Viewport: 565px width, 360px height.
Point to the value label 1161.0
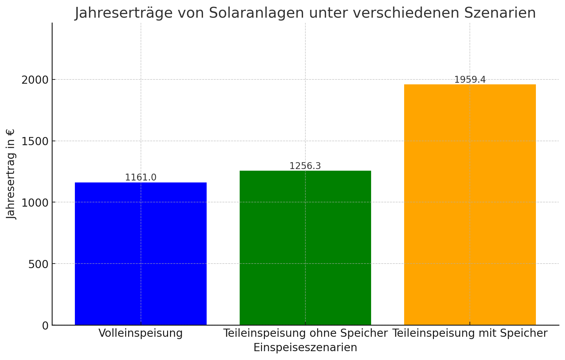(141, 178)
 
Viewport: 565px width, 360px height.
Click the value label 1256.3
(305, 166)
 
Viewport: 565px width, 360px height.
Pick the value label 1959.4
(470, 80)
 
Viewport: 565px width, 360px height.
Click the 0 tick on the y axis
(45, 325)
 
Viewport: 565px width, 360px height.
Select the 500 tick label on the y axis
(38, 264)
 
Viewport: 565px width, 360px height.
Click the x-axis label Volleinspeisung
(141, 334)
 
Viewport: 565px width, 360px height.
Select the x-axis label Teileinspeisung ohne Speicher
(305, 334)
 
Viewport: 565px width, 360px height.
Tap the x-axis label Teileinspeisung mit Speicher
(470, 334)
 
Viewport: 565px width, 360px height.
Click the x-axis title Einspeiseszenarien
(305, 347)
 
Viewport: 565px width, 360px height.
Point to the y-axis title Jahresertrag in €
(11, 174)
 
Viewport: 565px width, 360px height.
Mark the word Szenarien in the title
(501, 13)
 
